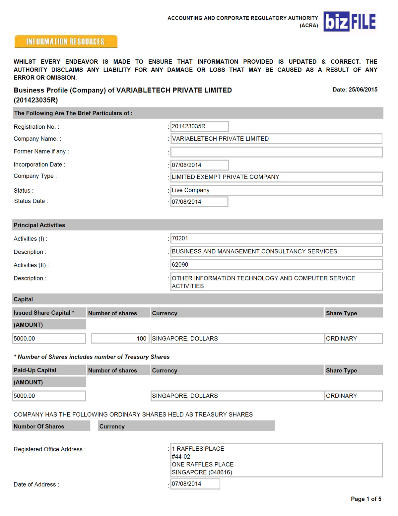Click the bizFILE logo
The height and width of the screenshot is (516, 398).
click(350, 22)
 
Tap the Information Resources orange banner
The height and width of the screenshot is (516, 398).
click(66, 41)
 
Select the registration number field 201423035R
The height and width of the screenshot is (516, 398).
click(199, 126)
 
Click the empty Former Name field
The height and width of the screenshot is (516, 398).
click(276, 152)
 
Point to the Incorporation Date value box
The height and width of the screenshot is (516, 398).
click(199, 165)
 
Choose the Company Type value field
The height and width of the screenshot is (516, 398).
click(276, 177)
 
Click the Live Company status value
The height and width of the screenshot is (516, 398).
click(191, 190)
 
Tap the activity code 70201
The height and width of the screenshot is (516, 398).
click(180, 238)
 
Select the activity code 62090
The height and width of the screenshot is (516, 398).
click(180, 265)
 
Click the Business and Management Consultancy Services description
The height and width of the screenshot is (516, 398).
click(254, 251)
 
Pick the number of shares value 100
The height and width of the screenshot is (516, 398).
click(141, 339)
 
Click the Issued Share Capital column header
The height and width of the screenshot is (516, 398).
click(44, 313)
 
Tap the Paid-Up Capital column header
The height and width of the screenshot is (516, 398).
click(35, 370)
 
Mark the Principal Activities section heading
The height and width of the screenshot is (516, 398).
click(39, 225)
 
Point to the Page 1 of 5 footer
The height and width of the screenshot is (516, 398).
click(366, 499)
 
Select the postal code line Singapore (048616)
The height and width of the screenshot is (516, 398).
click(202, 472)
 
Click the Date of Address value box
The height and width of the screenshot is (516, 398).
click(195, 484)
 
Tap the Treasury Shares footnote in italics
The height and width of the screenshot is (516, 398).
click(92, 357)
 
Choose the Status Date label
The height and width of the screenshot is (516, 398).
click(31, 201)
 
